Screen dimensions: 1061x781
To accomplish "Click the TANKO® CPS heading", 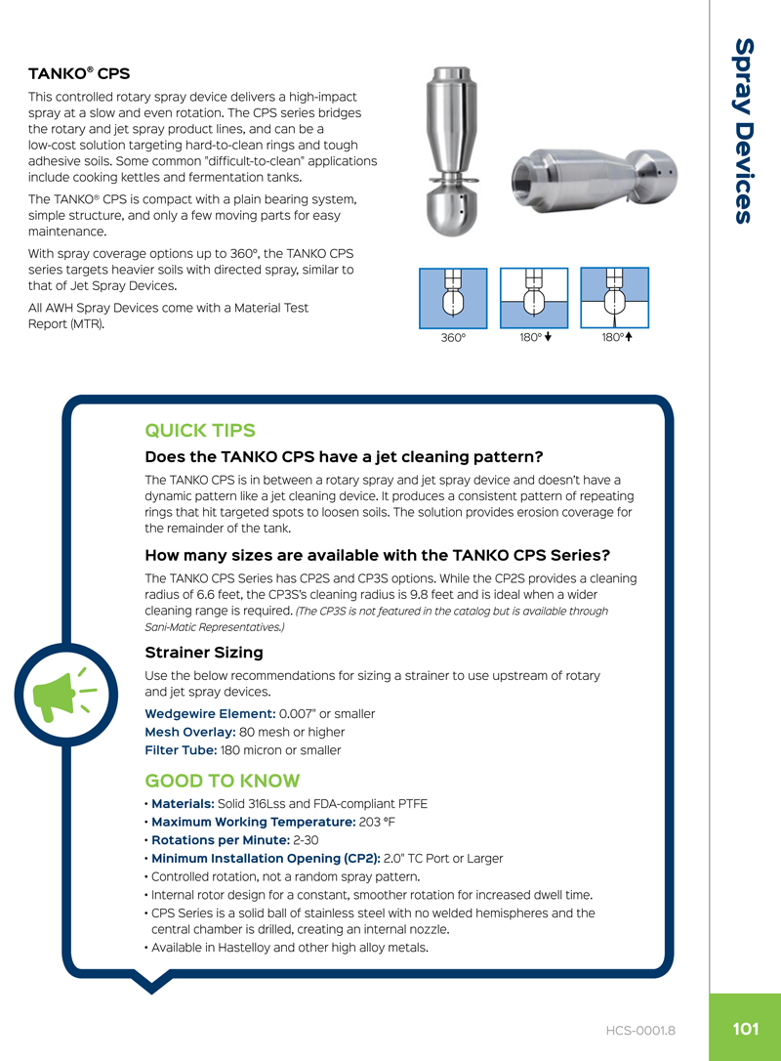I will [79, 73].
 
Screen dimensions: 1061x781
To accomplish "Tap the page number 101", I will [745, 1029].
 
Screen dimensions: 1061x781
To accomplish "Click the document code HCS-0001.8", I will [640, 1030].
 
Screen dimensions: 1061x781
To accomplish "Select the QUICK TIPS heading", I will [200, 431].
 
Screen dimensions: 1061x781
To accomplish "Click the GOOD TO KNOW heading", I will [222, 781].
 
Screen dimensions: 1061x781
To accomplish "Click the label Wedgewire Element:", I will [209, 713].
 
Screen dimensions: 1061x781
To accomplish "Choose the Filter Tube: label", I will [180, 750].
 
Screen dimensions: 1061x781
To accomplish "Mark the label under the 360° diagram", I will [452, 338].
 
